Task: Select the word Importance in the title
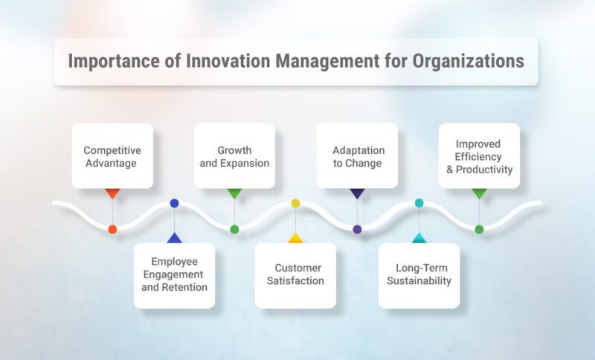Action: point(105,62)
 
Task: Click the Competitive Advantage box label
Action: point(112,156)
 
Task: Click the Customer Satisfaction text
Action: point(295,274)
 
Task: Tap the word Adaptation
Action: point(357,150)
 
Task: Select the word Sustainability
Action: point(419,281)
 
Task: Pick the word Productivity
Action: point(484,170)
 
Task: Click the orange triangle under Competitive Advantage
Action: point(112,193)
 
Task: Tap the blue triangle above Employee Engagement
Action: point(174,238)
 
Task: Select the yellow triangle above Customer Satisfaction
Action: point(295,238)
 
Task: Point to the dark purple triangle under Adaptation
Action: point(357,193)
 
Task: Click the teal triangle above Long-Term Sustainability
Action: point(419,238)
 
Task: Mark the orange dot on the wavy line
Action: point(112,229)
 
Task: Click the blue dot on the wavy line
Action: point(174,203)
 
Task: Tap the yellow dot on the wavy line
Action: point(295,203)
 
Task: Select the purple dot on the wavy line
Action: point(357,229)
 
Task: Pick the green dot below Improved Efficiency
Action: point(479,229)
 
